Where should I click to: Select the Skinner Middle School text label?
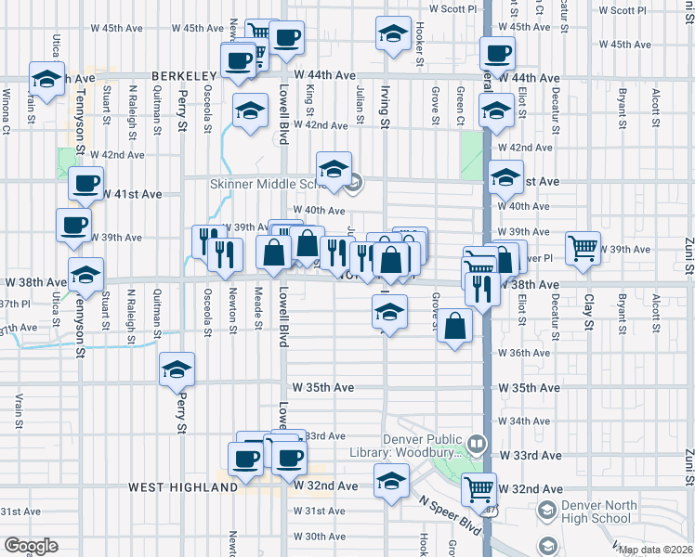[262, 184]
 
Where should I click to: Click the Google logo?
[31, 546]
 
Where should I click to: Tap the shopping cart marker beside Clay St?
[583, 247]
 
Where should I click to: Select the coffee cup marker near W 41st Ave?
[86, 183]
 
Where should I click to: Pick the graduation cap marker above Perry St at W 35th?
[177, 369]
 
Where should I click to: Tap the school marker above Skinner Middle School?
[334, 169]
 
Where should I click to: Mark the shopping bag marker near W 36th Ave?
[454, 327]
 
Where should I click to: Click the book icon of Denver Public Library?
[478, 444]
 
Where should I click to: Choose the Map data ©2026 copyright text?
[655, 550]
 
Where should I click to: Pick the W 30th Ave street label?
[319, 537]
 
